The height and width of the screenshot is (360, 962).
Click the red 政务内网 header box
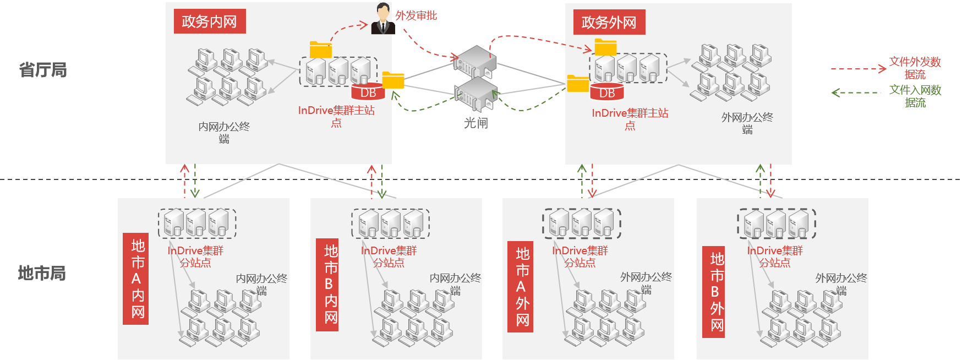click(210, 21)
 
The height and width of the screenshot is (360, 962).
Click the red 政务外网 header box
click(609, 22)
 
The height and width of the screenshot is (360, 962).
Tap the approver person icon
click(382, 19)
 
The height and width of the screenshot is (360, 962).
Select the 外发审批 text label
click(416, 15)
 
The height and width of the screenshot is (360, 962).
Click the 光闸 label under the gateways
click(476, 123)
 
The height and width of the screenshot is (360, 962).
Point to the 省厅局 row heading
click(43, 70)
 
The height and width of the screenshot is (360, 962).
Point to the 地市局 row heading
click(42, 273)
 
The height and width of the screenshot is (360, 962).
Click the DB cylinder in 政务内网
click(368, 92)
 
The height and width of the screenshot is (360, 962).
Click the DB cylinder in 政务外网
click(607, 92)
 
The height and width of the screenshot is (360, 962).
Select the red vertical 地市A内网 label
click(136, 279)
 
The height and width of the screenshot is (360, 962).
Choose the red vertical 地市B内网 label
click(327, 285)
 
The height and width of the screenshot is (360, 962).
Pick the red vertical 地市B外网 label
click(714, 292)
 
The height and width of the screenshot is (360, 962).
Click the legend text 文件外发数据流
click(915, 68)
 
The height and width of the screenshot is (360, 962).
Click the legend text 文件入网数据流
click(915, 96)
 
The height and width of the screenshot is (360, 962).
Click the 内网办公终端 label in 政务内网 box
click(224, 133)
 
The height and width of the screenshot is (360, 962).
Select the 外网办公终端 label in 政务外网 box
click(747, 123)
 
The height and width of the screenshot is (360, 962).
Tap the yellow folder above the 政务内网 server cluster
click(320, 50)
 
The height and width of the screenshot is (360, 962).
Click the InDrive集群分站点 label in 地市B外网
click(775, 257)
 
